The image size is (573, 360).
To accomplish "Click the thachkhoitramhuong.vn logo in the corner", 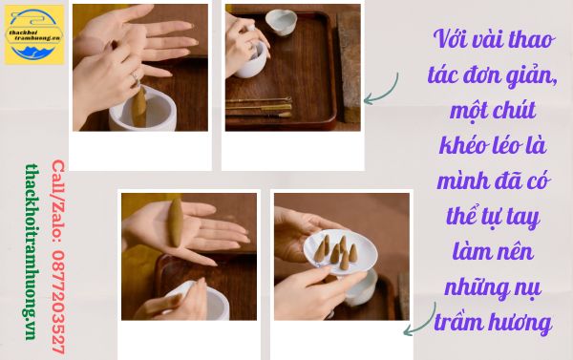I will [33, 34].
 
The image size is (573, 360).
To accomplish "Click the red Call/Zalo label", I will [57, 191].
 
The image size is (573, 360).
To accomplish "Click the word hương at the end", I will [523, 323].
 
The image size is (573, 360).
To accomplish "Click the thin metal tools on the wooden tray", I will [258, 104].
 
